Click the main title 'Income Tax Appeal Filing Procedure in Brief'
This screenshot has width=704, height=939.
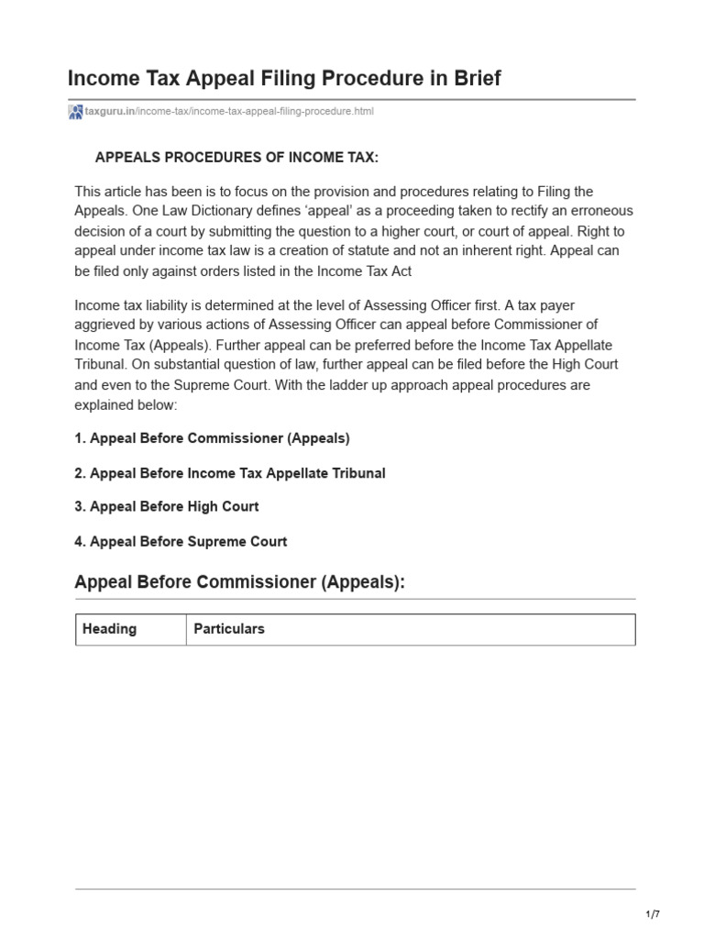(284, 78)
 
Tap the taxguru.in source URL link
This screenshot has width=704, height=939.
(229, 112)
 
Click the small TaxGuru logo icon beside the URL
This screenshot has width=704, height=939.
(75, 112)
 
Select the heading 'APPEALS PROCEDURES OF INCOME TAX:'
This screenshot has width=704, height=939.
(236, 158)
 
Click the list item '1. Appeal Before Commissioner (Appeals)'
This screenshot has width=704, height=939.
(212, 438)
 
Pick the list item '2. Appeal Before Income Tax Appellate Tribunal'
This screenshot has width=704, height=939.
(229, 473)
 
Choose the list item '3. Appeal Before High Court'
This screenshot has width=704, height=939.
(166, 506)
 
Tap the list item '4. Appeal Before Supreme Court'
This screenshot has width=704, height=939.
(181, 541)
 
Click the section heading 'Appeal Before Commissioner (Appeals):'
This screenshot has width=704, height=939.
(238, 582)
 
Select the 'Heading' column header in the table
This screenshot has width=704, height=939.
(109, 629)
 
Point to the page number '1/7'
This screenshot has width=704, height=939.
(653, 914)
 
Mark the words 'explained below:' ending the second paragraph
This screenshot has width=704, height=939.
(126, 404)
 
